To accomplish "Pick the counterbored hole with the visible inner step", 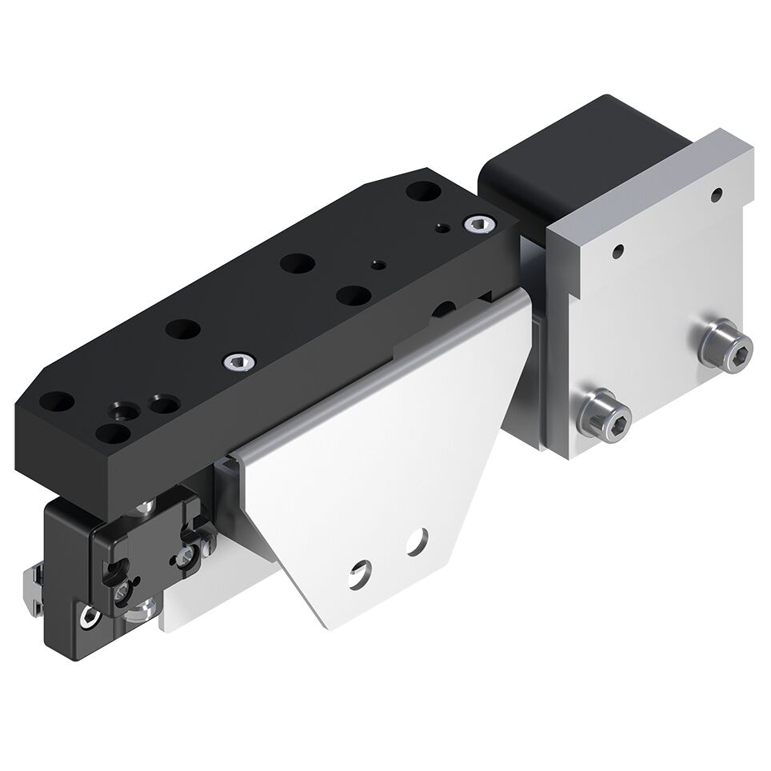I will (122, 411).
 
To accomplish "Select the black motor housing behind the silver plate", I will (552, 164).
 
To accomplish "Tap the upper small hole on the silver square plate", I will (717, 193).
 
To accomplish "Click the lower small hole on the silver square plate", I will (617, 251).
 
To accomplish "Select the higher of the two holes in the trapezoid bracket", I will (416, 541).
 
